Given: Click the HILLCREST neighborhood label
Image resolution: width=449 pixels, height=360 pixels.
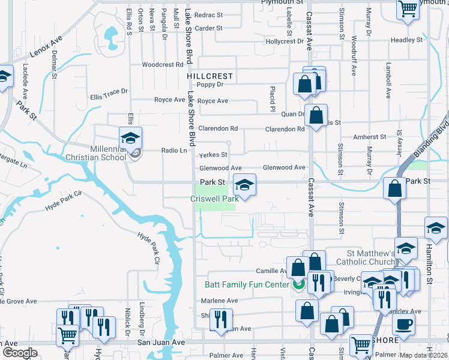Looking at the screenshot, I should coord(209,77).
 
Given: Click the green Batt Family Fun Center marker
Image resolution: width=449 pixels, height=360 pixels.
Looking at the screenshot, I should coord(298,284).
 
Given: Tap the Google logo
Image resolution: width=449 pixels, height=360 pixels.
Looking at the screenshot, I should coord(19,353).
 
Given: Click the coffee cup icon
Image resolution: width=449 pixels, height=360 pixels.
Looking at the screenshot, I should coord(403,324).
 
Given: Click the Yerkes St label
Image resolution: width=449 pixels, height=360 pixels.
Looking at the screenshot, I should coord(212,155).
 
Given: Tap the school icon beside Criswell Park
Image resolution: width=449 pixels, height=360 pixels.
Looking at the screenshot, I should coord(244,185).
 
